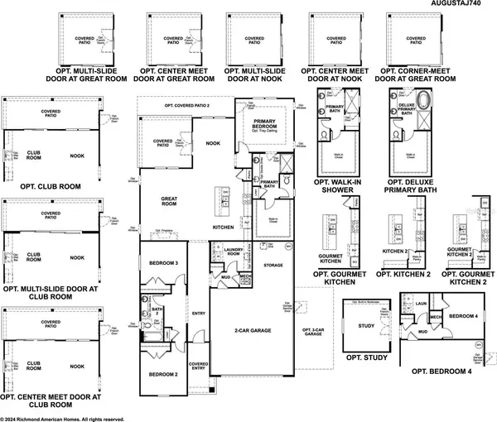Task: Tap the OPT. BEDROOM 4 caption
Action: [439, 371]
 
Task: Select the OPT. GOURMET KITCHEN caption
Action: [340, 277]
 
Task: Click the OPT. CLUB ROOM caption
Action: [42, 186]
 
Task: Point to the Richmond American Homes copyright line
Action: [62, 418]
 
